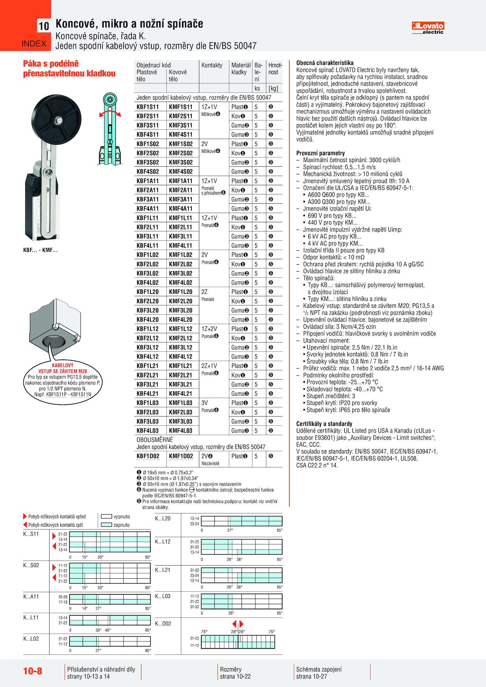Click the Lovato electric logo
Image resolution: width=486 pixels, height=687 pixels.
tap(428, 28)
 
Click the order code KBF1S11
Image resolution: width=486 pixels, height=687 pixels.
tap(148, 107)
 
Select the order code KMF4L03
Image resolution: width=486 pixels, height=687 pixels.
tap(181, 430)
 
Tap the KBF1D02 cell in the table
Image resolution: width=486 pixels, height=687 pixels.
tap(148, 456)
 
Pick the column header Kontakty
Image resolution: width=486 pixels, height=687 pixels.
tap(212, 65)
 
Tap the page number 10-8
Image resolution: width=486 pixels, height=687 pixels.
tap(33, 671)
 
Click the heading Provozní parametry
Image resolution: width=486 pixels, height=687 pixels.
tap(320, 153)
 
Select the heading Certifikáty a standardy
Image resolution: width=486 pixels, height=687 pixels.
tap(324, 424)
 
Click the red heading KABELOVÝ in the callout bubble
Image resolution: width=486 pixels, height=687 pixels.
tap(63, 365)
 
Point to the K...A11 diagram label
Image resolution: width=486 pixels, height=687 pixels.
tap(31, 597)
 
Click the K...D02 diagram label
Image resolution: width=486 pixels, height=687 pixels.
tap(163, 624)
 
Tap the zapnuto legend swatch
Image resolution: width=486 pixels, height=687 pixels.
tap(106, 525)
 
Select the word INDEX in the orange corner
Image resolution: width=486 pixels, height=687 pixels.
tap(34, 44)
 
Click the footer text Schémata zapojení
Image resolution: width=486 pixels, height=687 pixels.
tap(319, 669)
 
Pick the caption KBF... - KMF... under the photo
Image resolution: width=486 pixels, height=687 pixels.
tap(40, 250)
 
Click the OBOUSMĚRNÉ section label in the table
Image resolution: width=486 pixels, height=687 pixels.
tap(155, 440)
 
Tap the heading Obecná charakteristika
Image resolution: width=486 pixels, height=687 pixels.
tap(325, 63)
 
